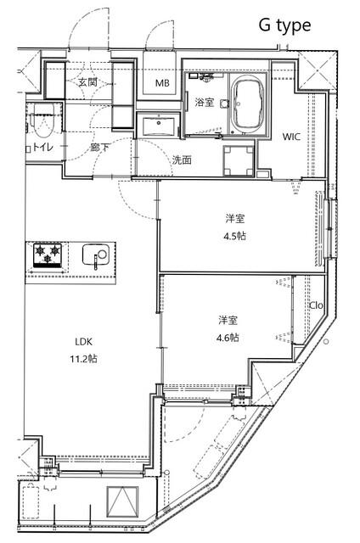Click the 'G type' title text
pos(284,25)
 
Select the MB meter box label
pos(161,83)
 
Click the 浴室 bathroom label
pos(205,102)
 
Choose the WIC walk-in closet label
pos(291,136)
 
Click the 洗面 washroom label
pos(182,160)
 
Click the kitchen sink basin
pos(95,255)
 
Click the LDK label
pos(82,341)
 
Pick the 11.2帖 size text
pos(82,358)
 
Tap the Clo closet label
pos(316,305)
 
